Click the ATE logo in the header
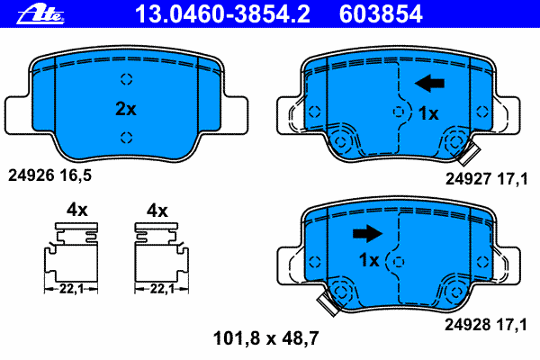click(40, 14)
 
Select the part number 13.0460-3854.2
click(223, 14)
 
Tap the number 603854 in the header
click(381, 14)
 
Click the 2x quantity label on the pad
click(126, 109)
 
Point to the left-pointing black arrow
click(429, 83)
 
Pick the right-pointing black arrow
click(367, 234)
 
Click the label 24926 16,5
click(49, 175)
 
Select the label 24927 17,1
click(486, 179)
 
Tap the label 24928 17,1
click(486, 325)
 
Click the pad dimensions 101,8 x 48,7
click(265, 338)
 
